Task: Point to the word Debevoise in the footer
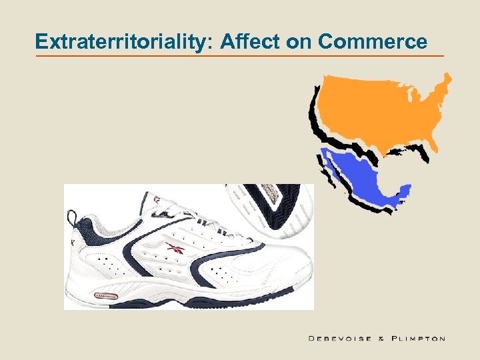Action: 340,339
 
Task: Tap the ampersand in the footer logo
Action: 381,339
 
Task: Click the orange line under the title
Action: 240,56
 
